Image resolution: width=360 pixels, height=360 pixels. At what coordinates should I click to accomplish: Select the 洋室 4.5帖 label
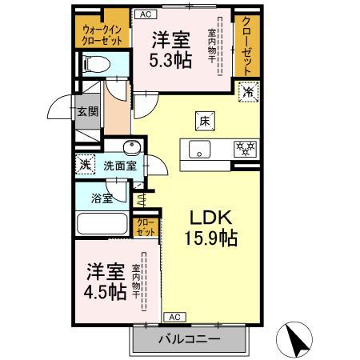click(x=106, y=281)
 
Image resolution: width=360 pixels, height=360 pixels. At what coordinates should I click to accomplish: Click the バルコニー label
click(x=188, y=339)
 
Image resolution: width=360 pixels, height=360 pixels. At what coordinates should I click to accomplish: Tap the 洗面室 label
click(x=120, y=166)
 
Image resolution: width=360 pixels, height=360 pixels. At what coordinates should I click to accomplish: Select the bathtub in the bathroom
click(x=101, y=223)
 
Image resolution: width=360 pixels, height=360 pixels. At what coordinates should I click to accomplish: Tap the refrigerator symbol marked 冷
click(x=249, y=92)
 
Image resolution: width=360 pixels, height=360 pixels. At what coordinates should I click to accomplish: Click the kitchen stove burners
click(x=243, y=148)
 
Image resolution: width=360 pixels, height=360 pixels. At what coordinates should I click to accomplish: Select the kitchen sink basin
click(x=198, y=148)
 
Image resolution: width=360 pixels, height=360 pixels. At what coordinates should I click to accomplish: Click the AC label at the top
click(x=145, y=14)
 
